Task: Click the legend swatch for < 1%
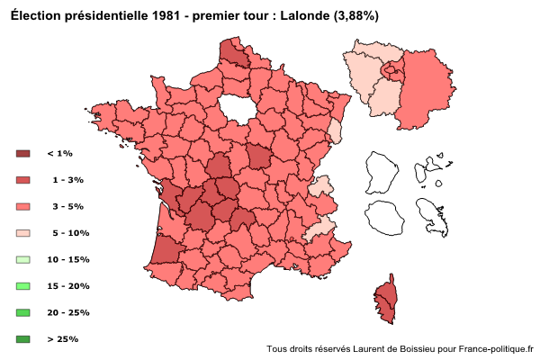click(x=23, y=154)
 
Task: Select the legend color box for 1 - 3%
click(x=23, y=180)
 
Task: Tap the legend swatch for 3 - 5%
click(x=23, y=207)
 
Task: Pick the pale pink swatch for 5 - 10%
click(x=23, y=233)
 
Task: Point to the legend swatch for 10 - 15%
click(x=23, y=259)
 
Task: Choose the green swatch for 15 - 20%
click(x=23, y=286)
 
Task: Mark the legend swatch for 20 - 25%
click(x=23, y=312)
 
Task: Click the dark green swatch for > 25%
click(x=23, y=339)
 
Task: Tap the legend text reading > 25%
click(x=62, y=339)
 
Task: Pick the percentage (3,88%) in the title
click(x=355, y=15)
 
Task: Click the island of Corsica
click(x=386, y=301)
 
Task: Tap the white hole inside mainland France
click(x=236, y=107)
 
